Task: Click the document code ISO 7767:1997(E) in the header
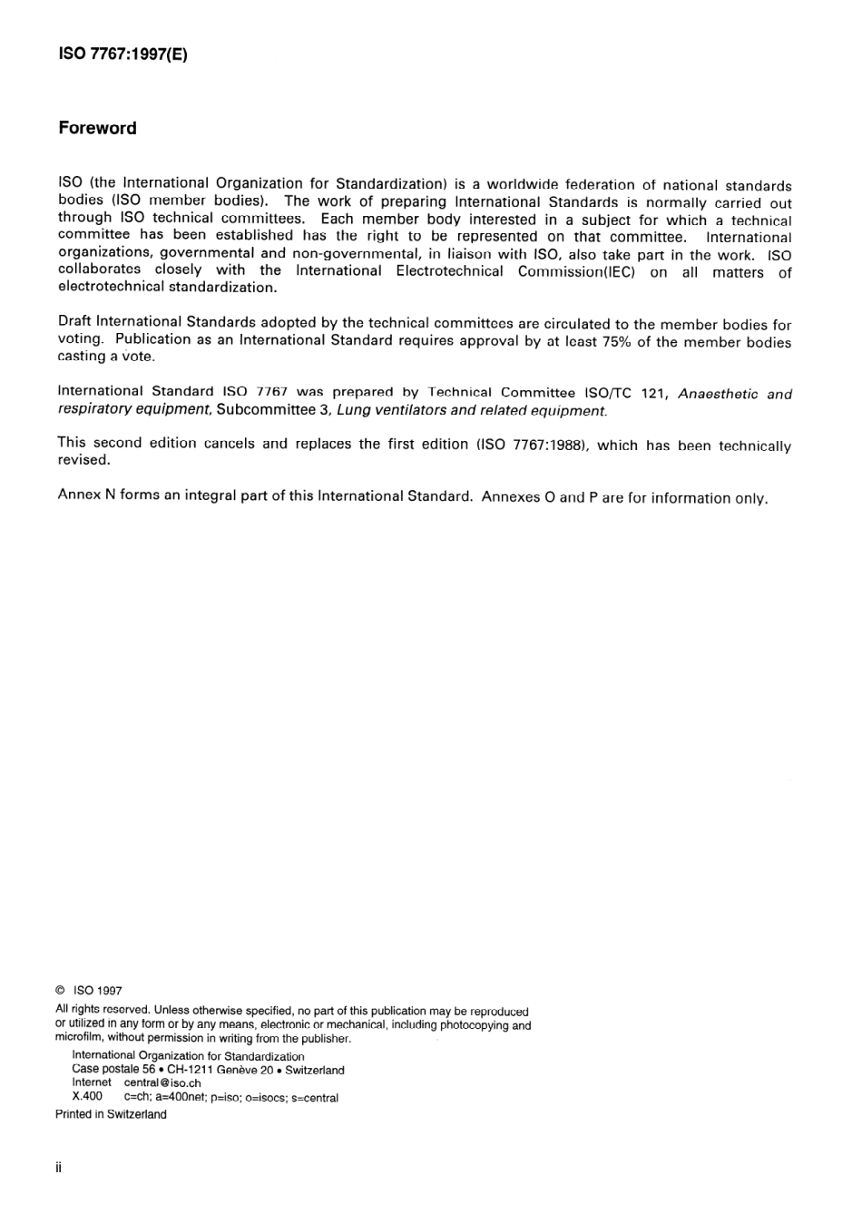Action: click(x=122, y=54)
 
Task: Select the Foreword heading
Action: click(x=97, y=128)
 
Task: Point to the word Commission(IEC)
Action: click(x=576, y=271)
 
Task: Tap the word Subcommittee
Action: click(x=265, y=410)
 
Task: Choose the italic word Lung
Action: click(x=354, y=410)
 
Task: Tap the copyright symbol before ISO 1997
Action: click(x=60, y=992)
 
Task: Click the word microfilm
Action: click(x=79, y=1038)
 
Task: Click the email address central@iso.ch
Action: click(x=162, y=1082)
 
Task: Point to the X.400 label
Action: click(x=87, y=1096)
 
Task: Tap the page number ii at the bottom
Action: click(x=59, y=1168)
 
